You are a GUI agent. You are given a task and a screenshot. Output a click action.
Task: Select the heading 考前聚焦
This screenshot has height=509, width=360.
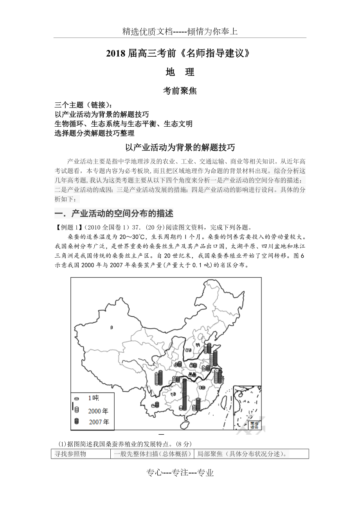[x=180, y=91]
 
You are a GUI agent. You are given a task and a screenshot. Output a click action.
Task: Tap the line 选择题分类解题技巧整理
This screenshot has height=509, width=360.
[x=95, y=133]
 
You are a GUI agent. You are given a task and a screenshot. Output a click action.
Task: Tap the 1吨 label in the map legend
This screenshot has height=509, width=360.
[x=94, y=398]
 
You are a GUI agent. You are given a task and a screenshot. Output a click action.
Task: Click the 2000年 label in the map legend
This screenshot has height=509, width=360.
[x=98, y=410]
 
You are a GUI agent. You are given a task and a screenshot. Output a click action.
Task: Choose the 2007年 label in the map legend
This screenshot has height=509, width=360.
[x=99, y=422]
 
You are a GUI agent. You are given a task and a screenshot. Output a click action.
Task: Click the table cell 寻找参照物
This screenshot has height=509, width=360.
[x=70, y=454]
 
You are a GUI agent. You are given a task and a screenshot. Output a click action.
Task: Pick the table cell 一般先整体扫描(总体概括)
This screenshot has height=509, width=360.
[x=152, y=454]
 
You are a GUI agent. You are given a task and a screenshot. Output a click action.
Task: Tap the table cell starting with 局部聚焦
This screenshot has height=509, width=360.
[x=243, y=454]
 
